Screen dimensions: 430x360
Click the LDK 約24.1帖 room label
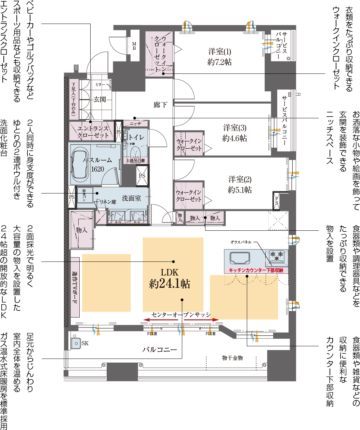(170, 278)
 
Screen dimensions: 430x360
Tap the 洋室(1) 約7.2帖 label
(219, 57)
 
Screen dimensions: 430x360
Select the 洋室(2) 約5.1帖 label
(240, 185)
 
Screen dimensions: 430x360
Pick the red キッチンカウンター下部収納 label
(256, 270)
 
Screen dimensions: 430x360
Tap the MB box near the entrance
(134, 46)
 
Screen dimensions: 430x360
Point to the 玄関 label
(99, 99)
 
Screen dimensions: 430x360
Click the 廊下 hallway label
(160, 105)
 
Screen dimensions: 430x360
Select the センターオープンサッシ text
(181, 314)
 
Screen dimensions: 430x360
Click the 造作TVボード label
(75, 287)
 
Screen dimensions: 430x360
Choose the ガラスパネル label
(241, 242)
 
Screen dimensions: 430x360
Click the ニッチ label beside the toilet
(135, 123)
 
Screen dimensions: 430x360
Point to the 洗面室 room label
(131, 198)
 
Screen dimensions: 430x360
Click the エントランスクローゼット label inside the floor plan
(93, 132)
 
